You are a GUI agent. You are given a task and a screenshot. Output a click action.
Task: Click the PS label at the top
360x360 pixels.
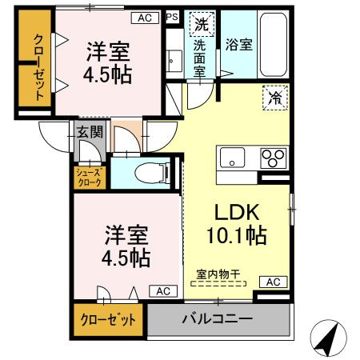tap(172, 17)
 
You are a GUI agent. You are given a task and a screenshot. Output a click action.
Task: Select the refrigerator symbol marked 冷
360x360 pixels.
tap(274, 100)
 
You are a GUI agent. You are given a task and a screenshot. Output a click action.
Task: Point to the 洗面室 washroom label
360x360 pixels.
tap(201, 60)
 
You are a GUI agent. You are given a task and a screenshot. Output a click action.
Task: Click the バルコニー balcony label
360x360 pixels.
tap(217, 318)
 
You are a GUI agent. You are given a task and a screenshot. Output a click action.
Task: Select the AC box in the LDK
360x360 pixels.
tap(273, 282)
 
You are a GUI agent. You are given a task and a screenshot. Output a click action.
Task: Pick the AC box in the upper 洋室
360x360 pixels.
tap(145, 17)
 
